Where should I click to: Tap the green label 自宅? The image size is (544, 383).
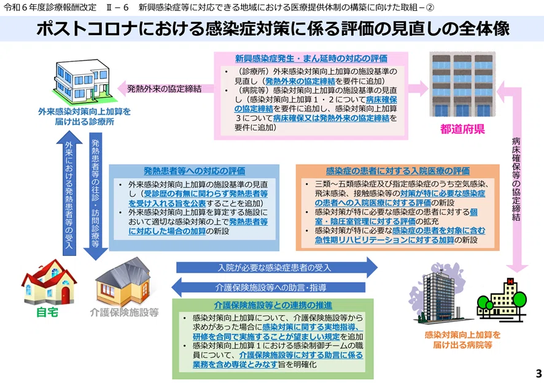47,312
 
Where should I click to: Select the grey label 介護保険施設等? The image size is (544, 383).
124,312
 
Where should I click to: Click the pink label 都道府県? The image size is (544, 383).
462,129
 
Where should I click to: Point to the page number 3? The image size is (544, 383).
538,373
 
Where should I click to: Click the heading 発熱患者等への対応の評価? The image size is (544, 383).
194,171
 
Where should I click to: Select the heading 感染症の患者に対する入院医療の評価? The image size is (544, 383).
398,171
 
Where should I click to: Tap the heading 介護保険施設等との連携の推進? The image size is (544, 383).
273,305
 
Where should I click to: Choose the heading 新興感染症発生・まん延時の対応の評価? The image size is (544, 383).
311,58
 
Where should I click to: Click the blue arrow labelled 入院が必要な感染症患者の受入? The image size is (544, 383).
277,268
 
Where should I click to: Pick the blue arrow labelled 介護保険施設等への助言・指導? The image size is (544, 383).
268,288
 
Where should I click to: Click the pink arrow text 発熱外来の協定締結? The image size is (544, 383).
164,89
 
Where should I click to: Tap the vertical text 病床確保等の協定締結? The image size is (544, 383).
516,179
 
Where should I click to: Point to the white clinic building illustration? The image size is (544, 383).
82,81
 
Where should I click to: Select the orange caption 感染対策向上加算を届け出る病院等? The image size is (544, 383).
462,339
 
